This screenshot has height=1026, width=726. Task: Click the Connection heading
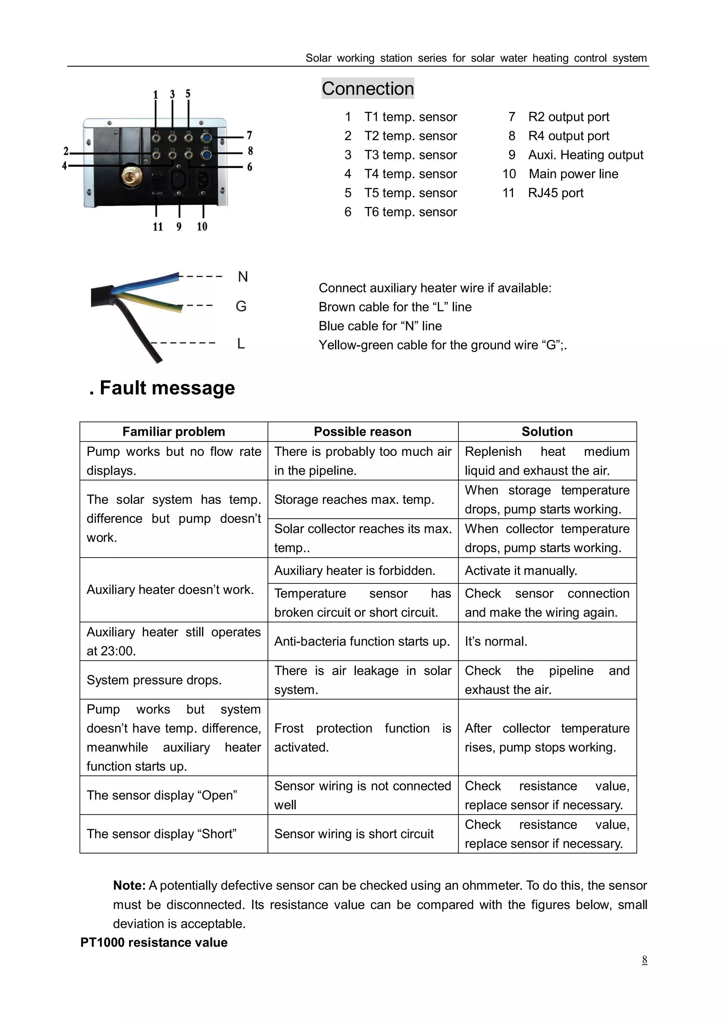click(x=368, y=89)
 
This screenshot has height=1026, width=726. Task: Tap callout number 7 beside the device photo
click(x=250, y=135)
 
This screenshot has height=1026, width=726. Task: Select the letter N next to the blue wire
click(x=243, y=277)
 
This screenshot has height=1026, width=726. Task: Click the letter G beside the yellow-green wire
click(x=241, y=306)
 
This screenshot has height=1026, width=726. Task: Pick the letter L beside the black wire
click(x=241, y=344)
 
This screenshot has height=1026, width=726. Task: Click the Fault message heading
click(x=162, y=388)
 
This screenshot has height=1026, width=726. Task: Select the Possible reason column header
click(x=363, y=432)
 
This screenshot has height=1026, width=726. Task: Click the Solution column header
click(x=547, y=432)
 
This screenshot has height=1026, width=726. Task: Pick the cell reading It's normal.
click(x=496, y=642)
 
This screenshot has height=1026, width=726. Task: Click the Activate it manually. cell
click(x=521, y=571)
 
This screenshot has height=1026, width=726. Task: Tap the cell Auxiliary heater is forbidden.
click(x=354, y=571)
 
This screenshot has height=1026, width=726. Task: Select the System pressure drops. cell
click(x=154, y=680)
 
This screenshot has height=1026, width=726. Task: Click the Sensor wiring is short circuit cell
click(x=354, y=834)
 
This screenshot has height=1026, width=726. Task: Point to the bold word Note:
click(x=129, y=885)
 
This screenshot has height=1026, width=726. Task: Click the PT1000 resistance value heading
click(x=154, y=942)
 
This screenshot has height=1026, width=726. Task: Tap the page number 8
click(x=644, y=959)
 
